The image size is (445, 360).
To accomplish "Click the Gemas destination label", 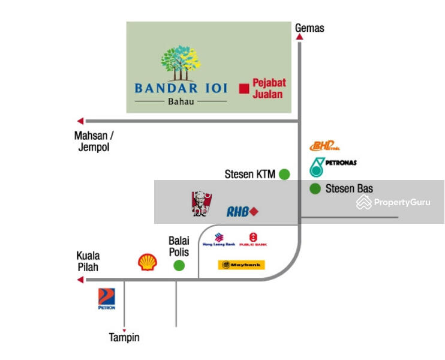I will tap(309, 28).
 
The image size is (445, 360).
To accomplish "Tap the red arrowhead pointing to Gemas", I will tap(299, 37).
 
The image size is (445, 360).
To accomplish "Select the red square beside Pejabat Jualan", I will tap(243, 89).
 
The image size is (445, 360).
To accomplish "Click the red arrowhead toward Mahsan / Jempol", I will tap(80, 121).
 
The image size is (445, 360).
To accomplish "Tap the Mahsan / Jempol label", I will tap(94, 141).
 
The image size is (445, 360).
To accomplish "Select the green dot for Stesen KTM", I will tap(284, 175).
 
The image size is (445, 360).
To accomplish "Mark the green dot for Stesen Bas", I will tap(315, 189).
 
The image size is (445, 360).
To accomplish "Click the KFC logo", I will tap(199, 204).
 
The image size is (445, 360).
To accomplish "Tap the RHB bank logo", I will tap(242, 211).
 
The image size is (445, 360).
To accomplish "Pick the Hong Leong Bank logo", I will tap(218, 239).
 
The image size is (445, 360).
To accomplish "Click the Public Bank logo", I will tap(253, 239).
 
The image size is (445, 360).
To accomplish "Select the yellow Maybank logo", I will tap(241, 265).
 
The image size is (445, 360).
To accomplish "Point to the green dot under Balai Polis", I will tap(179, 266).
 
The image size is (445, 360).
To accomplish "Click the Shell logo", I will tap(148, 262).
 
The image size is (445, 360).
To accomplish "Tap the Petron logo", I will tap(107, 299).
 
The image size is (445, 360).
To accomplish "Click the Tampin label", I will tap(124, 337).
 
